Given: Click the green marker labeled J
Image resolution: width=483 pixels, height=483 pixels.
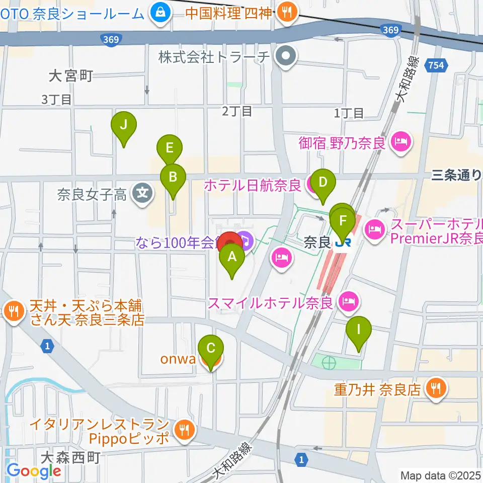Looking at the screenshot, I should pyautogui.click(x=124, y=123).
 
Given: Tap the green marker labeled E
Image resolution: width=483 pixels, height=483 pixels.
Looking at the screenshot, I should pyautogui.click(x=169, y=148).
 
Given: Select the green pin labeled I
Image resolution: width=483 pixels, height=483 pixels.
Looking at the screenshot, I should pyautogui.click(x=359, y=330).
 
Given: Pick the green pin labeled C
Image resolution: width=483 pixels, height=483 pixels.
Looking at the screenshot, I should pyautogui.click(x=211, y=348).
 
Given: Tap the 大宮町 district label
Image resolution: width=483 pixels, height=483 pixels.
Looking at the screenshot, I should pyautogui.click(x=71, y=76).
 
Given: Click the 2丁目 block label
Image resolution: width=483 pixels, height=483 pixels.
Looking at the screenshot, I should pyautogui.click(x=237, y=112).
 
